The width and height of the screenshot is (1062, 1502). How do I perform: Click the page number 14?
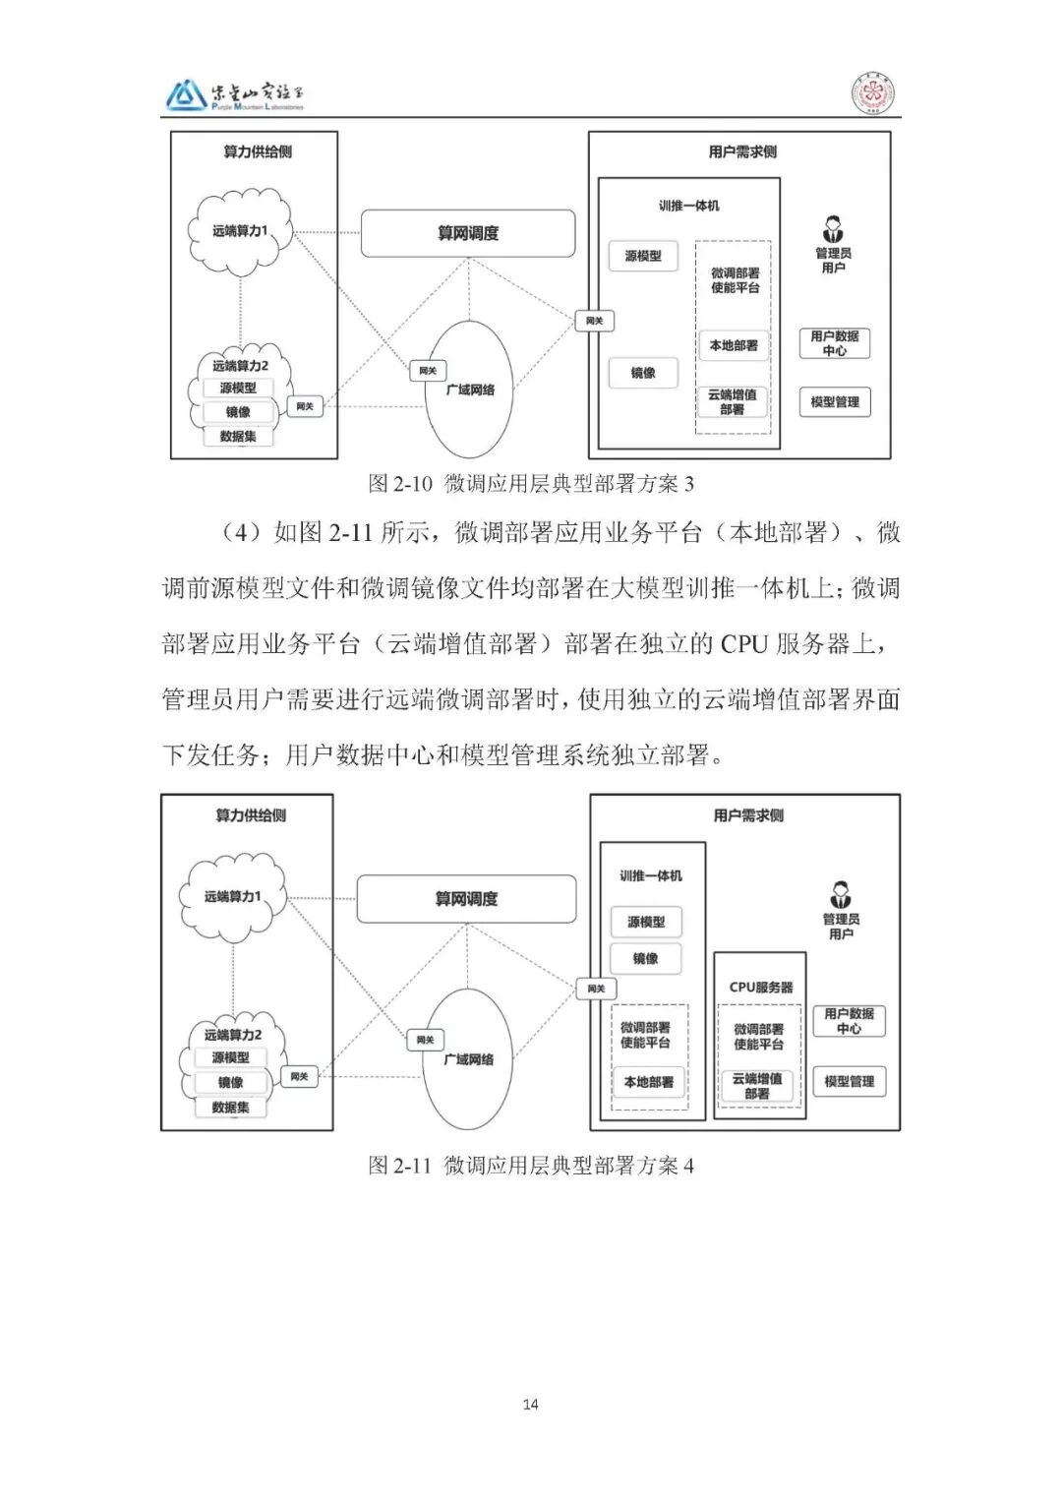530,1404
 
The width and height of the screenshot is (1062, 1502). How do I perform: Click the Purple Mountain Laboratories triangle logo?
185,95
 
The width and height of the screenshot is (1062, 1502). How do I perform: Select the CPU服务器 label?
760,987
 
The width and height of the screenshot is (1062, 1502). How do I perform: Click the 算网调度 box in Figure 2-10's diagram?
468,233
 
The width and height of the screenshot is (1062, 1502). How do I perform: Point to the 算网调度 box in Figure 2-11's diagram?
466,899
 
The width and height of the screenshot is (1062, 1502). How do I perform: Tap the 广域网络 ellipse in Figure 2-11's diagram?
469,1059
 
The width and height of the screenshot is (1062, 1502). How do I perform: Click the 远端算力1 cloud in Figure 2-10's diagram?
240,231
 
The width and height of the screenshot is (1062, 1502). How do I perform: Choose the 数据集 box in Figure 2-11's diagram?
230,1108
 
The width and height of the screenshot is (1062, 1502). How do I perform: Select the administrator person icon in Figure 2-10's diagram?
833,231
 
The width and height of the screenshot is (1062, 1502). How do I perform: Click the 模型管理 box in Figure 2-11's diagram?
849,1081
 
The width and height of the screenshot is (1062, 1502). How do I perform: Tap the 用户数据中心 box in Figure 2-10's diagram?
834,343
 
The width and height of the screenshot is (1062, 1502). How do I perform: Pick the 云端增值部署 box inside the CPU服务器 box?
757,1086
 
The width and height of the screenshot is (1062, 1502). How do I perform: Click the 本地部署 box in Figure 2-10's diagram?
734,345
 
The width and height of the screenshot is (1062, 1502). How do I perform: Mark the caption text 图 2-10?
399,483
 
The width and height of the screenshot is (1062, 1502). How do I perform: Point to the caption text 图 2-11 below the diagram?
399,1166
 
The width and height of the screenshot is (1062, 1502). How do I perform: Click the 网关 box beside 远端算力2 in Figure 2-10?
304,405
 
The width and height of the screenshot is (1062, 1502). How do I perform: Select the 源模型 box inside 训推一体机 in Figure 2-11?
645,922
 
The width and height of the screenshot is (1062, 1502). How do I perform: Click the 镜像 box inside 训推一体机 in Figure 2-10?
643,373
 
